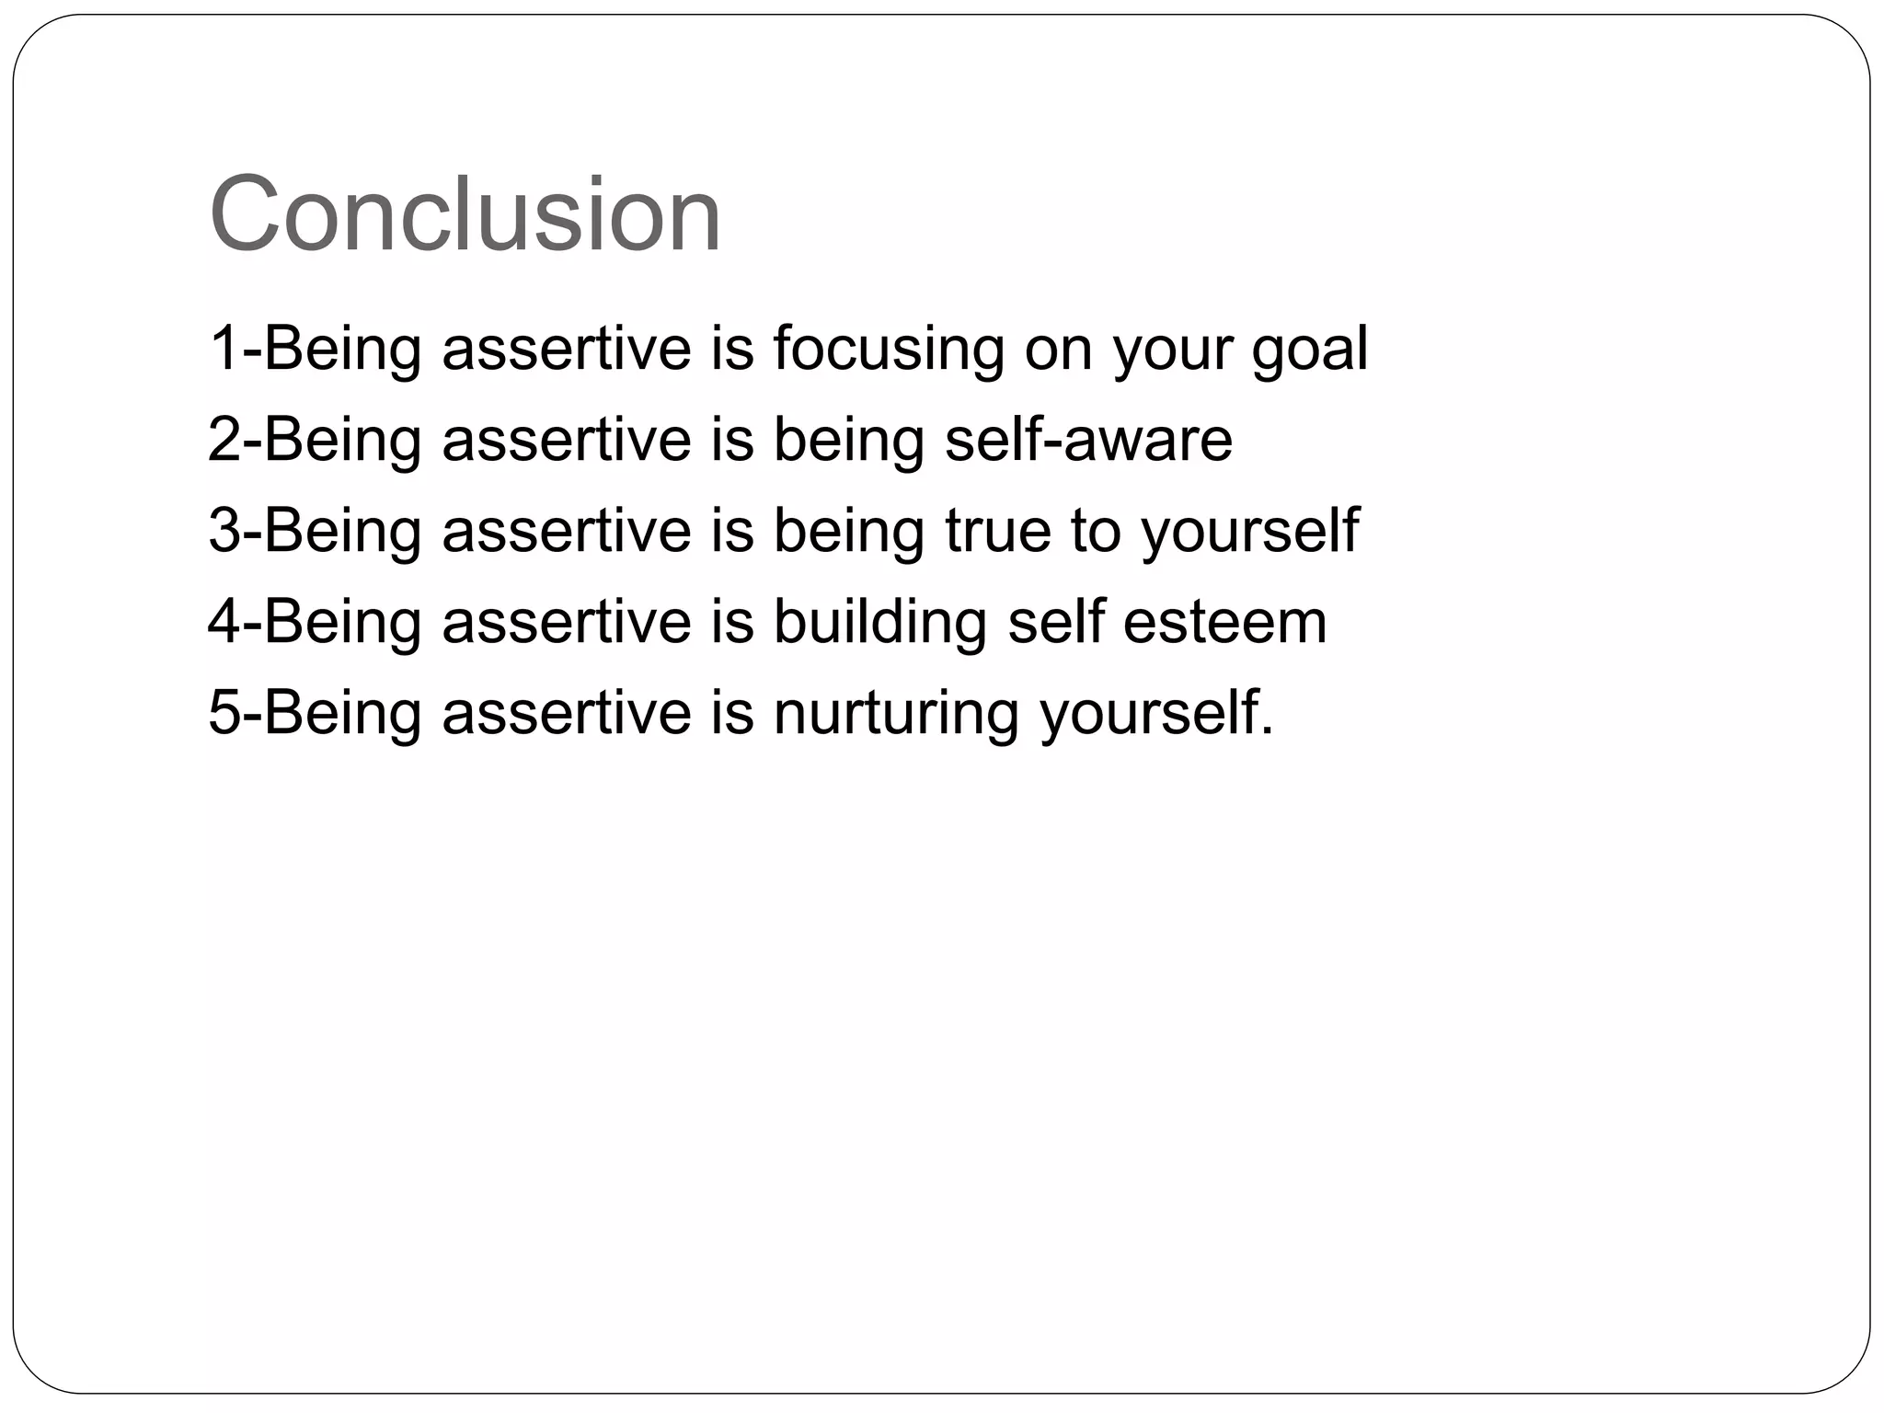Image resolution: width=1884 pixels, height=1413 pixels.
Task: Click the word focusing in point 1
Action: tap(888, 349)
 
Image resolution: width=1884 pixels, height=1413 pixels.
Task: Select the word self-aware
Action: tap(1088, 439)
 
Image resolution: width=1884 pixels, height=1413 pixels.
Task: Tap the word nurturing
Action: tap(896, 713)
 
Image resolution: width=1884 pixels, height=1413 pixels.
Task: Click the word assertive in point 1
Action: tap(567, 349)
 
